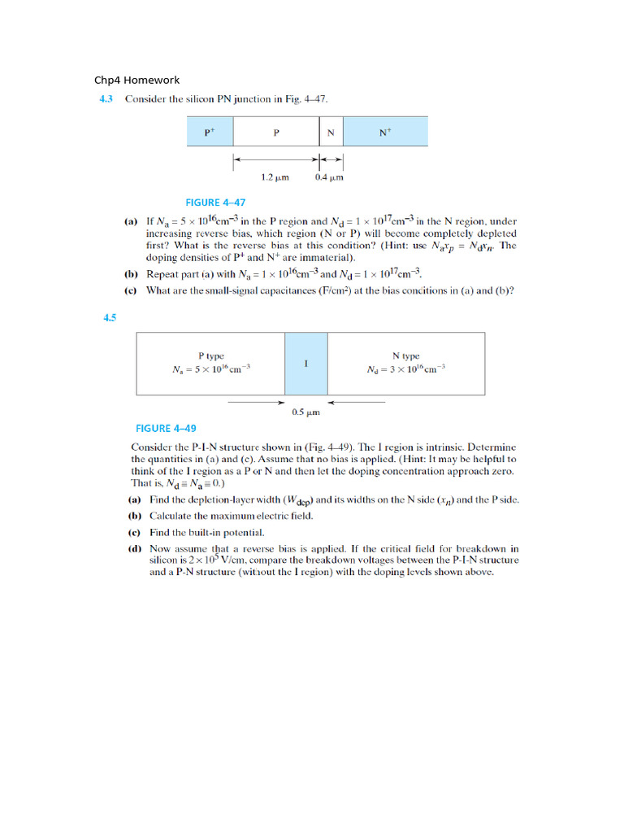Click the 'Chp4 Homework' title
[136, 80]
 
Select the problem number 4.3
[106, 99]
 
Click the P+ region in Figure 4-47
[210, 132]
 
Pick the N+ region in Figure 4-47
[385, 132]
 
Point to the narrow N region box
[330, 132]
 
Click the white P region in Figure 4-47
[275, 132]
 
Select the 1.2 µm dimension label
[275, 177]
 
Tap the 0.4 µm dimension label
[329, 177]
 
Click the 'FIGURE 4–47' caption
[215, 203]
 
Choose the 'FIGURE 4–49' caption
[165, 428]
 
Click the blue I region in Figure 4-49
[305, 363]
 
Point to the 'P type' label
[211, 355]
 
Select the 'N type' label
[405, 355]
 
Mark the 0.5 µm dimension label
[305, 412]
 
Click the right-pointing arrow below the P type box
[255, 402]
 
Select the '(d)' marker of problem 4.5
[135, 549]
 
